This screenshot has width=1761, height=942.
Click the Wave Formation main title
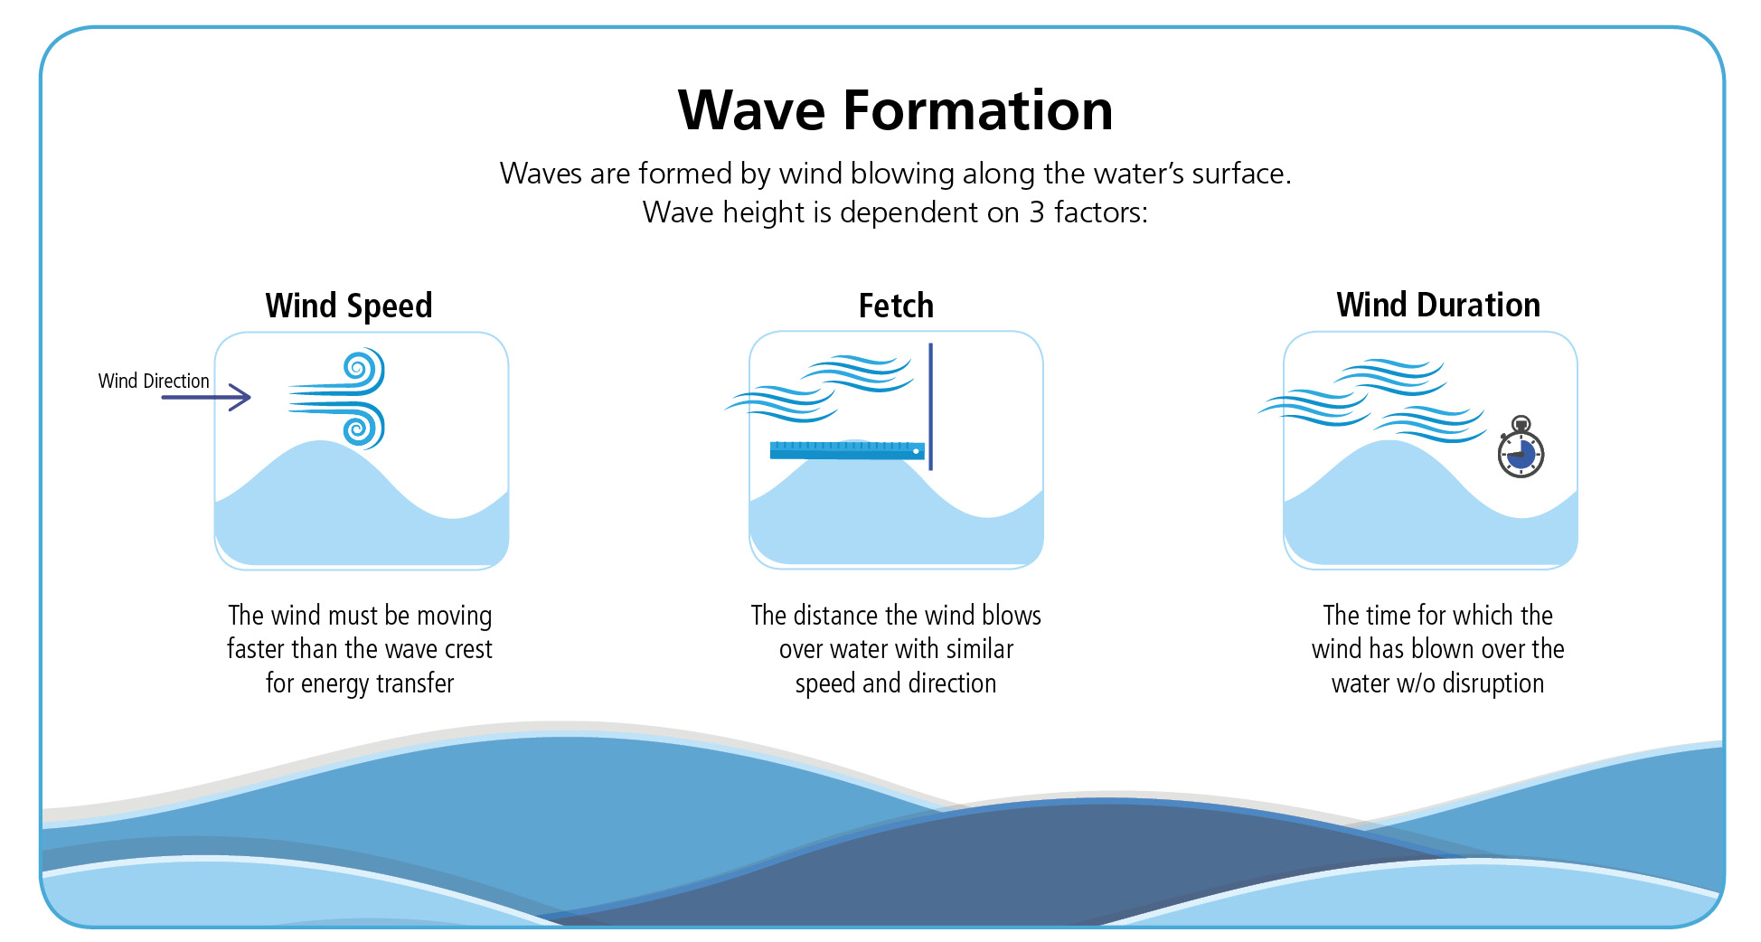click(x=895, y=110)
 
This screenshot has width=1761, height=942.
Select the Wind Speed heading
click(x=349, y=306)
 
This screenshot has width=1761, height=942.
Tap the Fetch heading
click(x=896, y=306)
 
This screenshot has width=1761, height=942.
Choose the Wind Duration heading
click(x=1438, y=305)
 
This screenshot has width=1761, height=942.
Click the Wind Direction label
click(x=154, y=381)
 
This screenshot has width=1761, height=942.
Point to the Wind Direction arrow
click(x=206, y=397)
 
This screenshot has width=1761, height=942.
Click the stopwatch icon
click(x=1521, y=447)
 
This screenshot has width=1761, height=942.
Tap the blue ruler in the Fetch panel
click(x=847, y=450)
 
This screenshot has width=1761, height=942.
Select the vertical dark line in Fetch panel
click(x=930, y=407)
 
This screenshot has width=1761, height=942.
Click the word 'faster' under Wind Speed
click(x=254, y=649)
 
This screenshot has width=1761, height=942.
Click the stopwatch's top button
click(x=1521, y=422)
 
